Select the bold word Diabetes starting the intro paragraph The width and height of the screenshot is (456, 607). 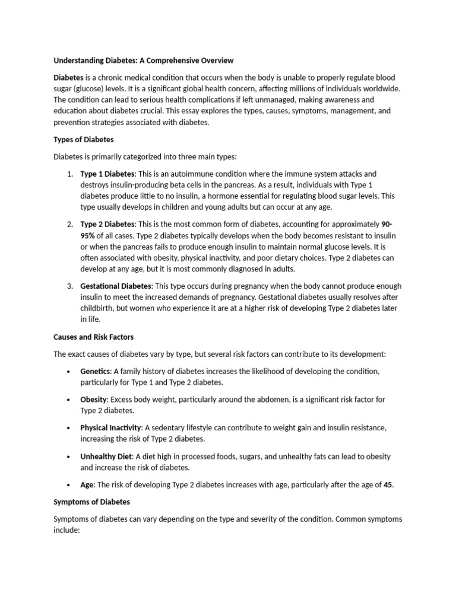click(69, 78)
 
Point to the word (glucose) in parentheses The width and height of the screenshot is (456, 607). click(93, 89)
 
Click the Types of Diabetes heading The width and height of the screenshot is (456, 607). click(83, 139)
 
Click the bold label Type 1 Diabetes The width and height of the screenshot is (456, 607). click(108, 174)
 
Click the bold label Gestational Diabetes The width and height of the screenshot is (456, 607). click(116, 286)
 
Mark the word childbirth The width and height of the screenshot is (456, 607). click(102, 308)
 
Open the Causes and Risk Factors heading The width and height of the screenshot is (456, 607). click(94, 337)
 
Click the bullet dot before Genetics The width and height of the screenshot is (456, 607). click(69, 372)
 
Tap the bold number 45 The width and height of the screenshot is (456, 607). click(388, 485)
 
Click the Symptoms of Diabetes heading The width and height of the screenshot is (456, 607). click(91, 501)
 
